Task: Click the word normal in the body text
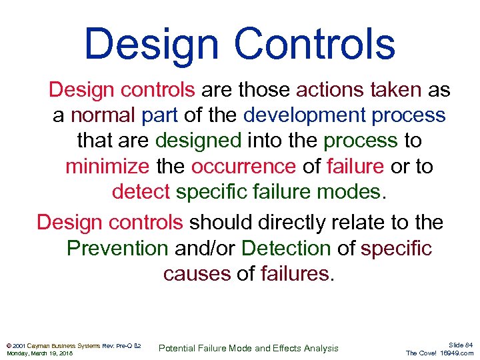pyautogui.click(x=103, y=115)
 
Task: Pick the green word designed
pyautogui.click(x=198, y=141)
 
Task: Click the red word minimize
pyautogui.click(x=107, y=166)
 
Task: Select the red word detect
pyautogui.click(x=141, y=192)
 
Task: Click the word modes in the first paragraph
pyautogui.click(x=347, y=192)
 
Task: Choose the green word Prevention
pyautogui.click(x=117, y=248)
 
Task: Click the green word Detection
pyautogui.click(x=286, y=248)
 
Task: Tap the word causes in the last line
pyautogui.click(x=197, y=274)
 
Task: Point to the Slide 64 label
pyautogui.click(x=460, y=344)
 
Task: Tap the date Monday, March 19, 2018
pyautogui.click(x=39, y=353)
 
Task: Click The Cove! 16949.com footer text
pyautogui.click(x=439, y=353)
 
